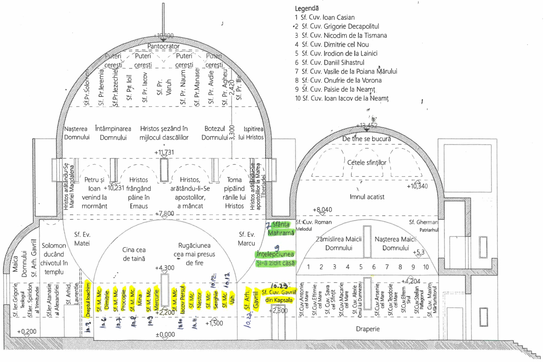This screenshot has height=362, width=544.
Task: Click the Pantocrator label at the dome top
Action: pos(163,46)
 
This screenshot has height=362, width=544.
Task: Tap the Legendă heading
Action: pos(307,8)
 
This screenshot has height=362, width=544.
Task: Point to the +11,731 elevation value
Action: pos(164,152)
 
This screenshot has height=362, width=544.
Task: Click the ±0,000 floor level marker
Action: pos(165,335)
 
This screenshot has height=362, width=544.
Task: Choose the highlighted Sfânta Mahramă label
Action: pos(281,228)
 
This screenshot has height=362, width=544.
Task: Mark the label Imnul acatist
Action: pos(367,197)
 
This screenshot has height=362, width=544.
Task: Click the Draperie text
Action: pos(368,329)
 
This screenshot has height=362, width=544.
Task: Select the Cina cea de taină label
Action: pos(134,254)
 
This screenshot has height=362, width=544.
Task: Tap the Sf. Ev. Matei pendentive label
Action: pos(82,239)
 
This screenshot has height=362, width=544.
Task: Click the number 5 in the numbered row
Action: pos(361,267)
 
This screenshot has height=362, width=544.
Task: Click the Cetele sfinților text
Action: pos(367,162)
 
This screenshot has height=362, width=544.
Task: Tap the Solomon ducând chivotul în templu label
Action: pos(54,258)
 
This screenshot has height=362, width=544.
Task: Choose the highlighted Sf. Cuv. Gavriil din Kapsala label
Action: pos(279,296)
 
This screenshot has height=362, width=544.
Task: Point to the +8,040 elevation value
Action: pos(322,210)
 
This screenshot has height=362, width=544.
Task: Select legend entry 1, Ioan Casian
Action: pos(325,17)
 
